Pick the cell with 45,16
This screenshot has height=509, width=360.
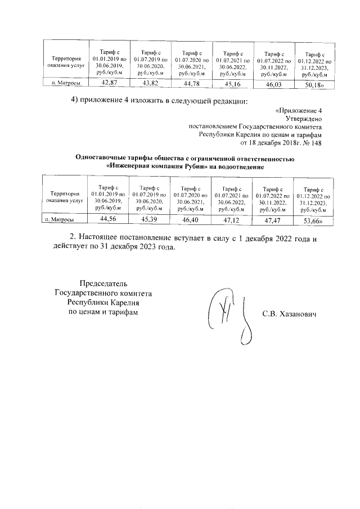coord(232,84)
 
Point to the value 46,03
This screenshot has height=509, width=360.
coord(274,85)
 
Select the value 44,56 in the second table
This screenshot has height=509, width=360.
coord(107,218)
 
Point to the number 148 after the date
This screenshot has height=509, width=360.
coord(316,142)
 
